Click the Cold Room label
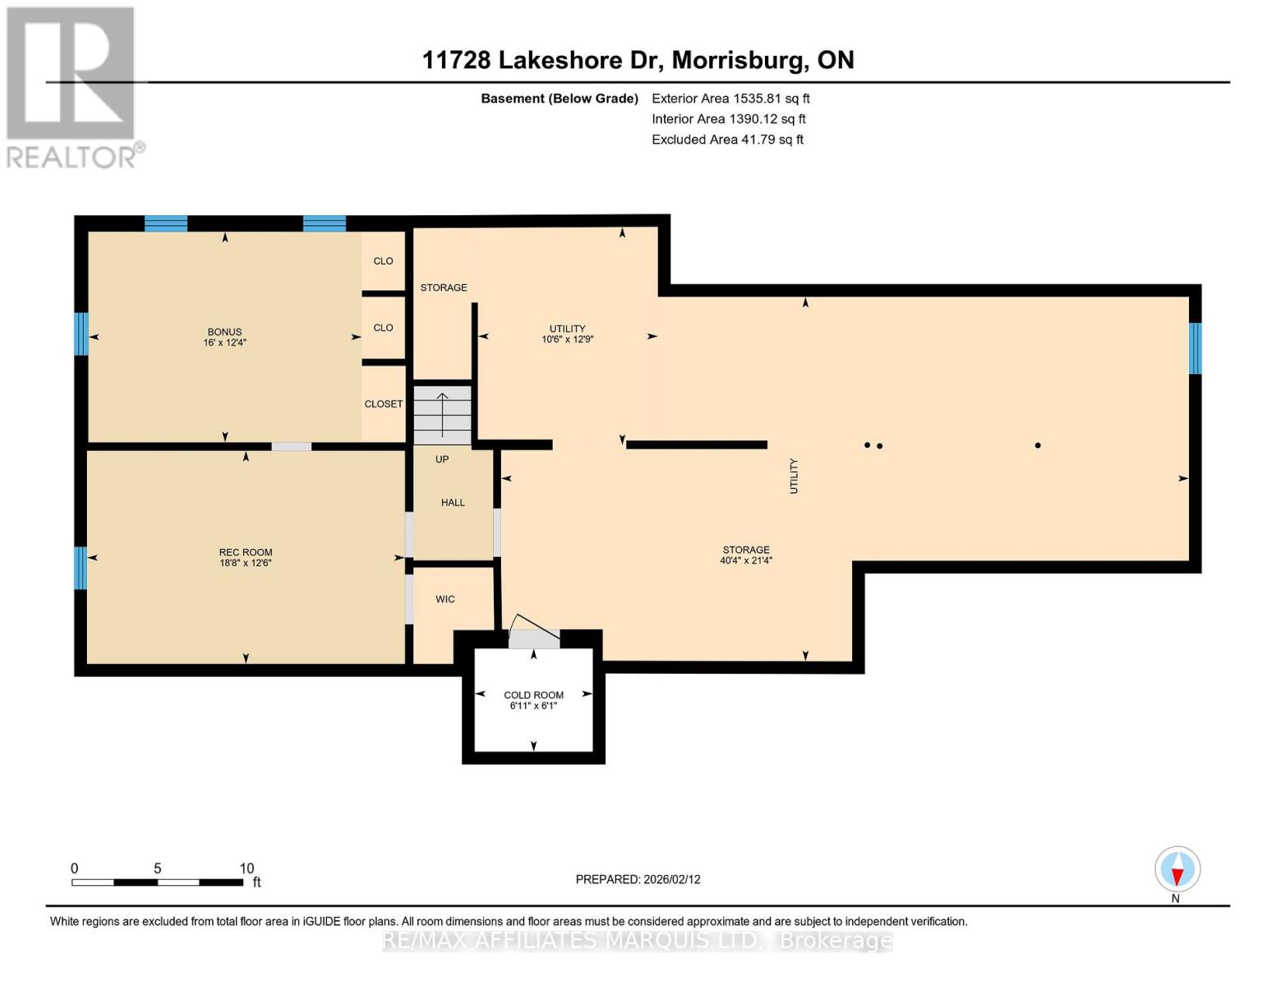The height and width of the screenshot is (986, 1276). (x=533, y=695)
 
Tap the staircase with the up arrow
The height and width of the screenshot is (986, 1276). (x=442, y=415)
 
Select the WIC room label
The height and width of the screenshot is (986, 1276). (x=445, y=599)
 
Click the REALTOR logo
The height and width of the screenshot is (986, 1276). (x=73, y=87)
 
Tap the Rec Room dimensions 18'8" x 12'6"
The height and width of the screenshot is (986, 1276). (x=246, y=563)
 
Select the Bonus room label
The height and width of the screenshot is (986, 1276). (x=224, y=332)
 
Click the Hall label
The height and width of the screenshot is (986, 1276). (x=453, y=502)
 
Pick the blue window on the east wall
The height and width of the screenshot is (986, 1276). (x=1195, y=348)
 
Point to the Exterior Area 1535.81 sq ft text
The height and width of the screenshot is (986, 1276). (x=730, y=99)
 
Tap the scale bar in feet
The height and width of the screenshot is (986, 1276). (x=158, y=882)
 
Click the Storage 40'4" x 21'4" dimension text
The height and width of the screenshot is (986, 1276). (x=746, y=560)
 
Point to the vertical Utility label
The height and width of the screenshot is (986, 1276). (x=794, y=477)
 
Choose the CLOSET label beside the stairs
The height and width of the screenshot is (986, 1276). (x=384, y=404)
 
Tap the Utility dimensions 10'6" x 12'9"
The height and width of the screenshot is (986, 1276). (x=567, y=339)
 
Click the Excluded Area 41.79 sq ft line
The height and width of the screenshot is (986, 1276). (x=727, y=140)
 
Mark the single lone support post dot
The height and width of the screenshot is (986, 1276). (x=1038, y=445)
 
